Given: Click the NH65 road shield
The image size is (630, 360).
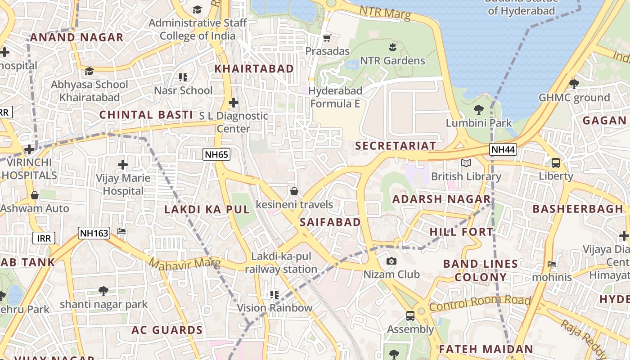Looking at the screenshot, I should point(217,155).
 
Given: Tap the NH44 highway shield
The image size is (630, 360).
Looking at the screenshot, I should point(504,149).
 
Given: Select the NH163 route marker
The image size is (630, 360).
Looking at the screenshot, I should point(94,233).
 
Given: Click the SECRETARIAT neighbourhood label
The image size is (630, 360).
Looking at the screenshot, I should point(396,146).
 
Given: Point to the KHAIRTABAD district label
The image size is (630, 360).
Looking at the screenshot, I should point(254,69).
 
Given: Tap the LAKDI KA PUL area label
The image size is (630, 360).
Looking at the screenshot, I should point(207,210).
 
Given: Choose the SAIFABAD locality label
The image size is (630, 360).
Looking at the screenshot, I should point(330,222).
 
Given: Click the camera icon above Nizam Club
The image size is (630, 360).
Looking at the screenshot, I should point(391,261).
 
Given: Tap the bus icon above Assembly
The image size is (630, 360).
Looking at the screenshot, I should point(410,316).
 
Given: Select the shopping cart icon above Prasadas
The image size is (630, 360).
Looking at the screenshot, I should point(327,38).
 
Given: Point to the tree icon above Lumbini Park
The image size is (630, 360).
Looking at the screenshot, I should point(479,109).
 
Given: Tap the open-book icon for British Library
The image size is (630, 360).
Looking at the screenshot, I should point(466,163).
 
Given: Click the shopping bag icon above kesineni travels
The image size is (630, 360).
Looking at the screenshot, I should point(294,191).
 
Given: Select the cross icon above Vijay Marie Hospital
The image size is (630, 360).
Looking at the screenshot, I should point(123,165).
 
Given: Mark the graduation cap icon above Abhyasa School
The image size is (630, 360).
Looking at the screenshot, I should point(90,71).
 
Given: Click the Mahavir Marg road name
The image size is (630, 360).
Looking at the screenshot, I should point(184,264).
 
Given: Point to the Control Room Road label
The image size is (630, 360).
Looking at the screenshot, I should point(480,303).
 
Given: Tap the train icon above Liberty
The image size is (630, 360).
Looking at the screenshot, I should point(556,163).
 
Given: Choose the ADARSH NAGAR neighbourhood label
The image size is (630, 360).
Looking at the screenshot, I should point(441,199).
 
